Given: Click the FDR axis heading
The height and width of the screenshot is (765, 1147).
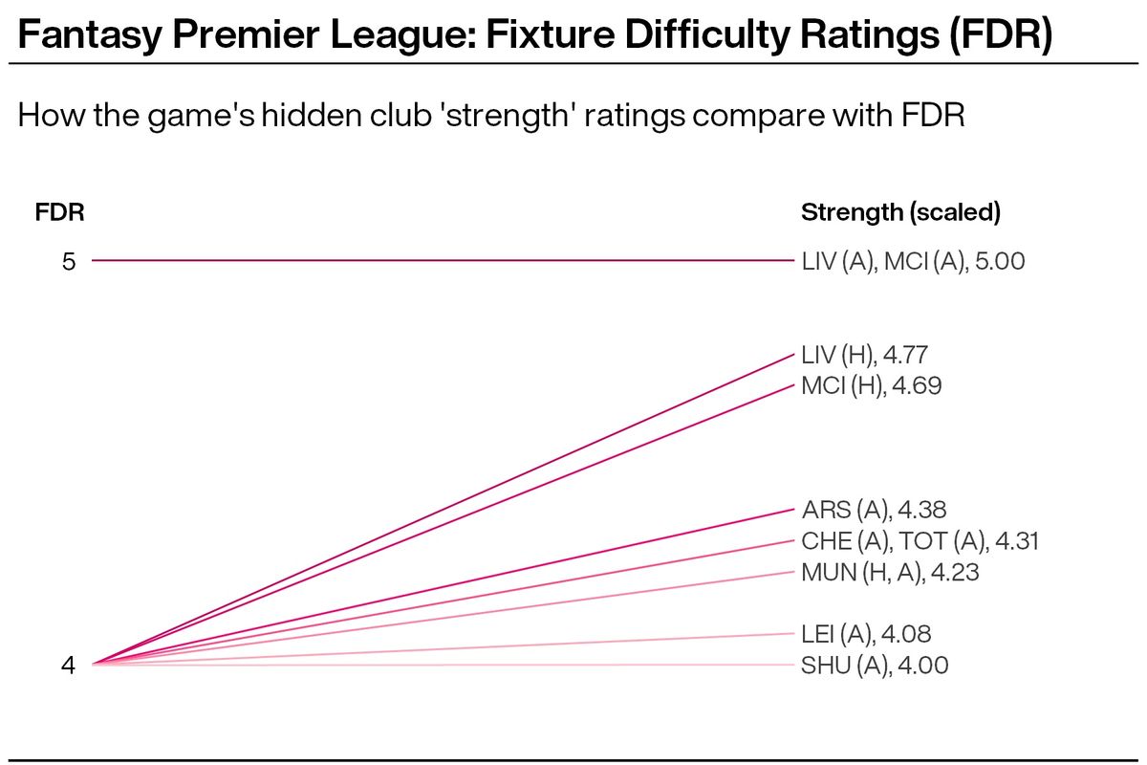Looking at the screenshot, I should [x=59, y=212].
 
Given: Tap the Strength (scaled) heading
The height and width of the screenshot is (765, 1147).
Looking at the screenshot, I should [x=900, y=212].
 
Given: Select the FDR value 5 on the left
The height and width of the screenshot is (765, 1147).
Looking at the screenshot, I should [x=69, y=261].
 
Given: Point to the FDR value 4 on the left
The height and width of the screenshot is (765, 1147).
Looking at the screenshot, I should [x=69, y=665].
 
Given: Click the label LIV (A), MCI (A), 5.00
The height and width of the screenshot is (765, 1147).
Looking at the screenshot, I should [x=913, y=261].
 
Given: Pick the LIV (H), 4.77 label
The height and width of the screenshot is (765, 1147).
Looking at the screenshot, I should [x=864, y=355].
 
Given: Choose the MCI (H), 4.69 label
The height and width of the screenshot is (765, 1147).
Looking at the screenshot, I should [x=872, y=386].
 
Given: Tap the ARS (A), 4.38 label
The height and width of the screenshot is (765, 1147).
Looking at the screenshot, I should [x=874, y=510].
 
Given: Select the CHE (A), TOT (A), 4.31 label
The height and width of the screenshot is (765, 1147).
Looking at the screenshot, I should [x=920, y=541].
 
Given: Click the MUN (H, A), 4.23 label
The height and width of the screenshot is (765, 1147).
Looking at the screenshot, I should [x=890, y=573].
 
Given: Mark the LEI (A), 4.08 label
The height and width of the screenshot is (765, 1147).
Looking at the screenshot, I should [x=866, y=633].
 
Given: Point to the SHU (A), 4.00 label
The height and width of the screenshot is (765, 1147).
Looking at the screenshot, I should [x=875, y=666].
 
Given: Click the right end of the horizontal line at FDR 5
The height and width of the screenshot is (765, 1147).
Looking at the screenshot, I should [x=792, y=260].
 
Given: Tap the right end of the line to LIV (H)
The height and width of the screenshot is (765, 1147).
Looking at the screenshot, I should [x=792, y=355].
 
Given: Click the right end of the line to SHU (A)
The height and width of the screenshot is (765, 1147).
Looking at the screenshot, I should [x=792, y=665].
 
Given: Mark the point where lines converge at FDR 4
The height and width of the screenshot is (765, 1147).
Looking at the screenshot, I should [x=94, y=664].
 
